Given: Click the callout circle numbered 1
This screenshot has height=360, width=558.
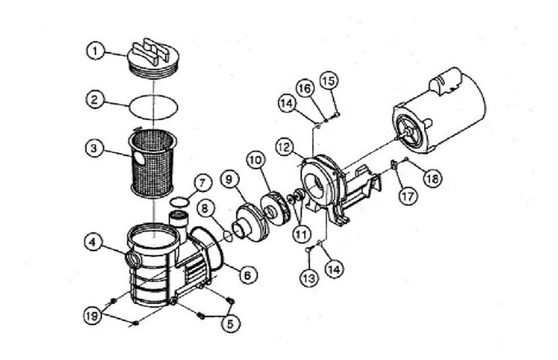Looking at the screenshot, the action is tap(96, 51).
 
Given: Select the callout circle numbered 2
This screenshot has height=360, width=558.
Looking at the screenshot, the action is tap(94, 99).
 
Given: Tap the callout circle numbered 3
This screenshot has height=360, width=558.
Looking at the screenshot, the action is tap(94, 147).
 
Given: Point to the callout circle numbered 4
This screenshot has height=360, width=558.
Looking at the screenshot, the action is tap(93, 243).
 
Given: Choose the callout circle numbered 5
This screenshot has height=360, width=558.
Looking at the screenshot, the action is tap(230, 323).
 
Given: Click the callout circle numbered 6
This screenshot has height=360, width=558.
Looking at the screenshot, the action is tap(248, 274).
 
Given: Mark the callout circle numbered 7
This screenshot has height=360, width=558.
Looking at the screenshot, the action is tap(202, 184).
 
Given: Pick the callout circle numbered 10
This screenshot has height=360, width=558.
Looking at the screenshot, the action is tap(256, 160).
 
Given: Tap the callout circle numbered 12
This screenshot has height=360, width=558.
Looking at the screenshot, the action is tap(284, 147).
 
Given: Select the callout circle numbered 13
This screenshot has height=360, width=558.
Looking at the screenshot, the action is tap(309, 277).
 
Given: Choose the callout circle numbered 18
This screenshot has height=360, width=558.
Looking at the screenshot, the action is tap(432, 178).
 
